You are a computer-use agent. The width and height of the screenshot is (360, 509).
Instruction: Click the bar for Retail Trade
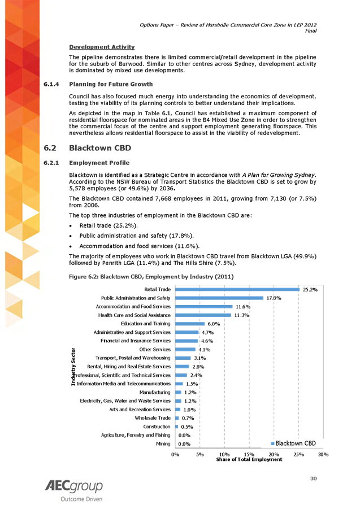237,289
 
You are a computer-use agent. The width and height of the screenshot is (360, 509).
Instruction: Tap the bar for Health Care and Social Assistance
203,315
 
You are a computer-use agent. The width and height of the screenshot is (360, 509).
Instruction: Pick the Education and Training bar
190,324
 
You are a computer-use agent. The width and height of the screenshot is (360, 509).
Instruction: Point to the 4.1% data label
204,350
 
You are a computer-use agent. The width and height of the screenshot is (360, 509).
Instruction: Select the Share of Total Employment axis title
249,459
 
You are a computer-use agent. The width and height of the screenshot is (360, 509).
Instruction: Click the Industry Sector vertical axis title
73,370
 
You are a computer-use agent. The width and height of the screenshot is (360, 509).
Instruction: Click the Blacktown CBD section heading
99,149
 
